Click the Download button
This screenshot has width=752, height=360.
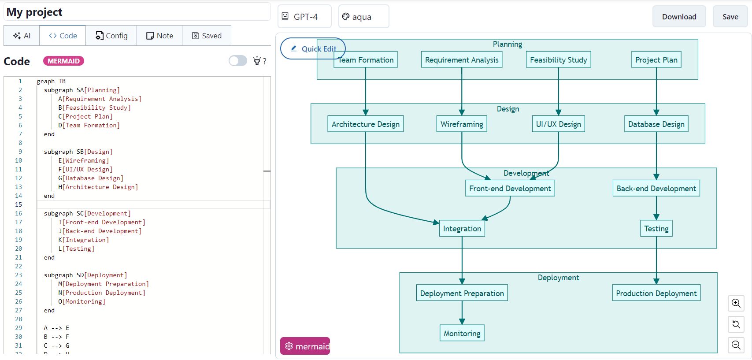tap(679, 17)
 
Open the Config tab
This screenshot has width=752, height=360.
tap(111, 36)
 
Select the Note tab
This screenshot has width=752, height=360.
tap(159, 36)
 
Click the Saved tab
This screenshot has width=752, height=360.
tap(207, 36)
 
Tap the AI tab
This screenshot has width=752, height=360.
tap(22, 36)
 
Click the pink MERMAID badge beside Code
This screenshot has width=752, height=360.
tap(63, 61)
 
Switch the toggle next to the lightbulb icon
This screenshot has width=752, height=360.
tap(238, 61)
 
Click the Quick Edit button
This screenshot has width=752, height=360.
tap(313, 48)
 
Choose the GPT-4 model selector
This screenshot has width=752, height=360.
tap(304, 17)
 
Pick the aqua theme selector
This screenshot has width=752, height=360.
tap(363, 17)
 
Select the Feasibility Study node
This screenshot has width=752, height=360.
tap(558, 60)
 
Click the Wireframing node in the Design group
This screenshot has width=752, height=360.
tap(462, 124)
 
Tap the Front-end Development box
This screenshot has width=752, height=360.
tap(510, 189)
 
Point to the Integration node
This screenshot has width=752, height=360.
tap(462, 229)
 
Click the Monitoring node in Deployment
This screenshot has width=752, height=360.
tap(462, 334)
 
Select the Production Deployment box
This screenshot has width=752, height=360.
tap(656, 293)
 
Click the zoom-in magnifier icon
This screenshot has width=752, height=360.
tap(736, 303)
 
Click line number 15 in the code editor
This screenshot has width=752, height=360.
tap(19, 204)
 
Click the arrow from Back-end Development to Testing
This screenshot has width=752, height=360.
tap(656, 207)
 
